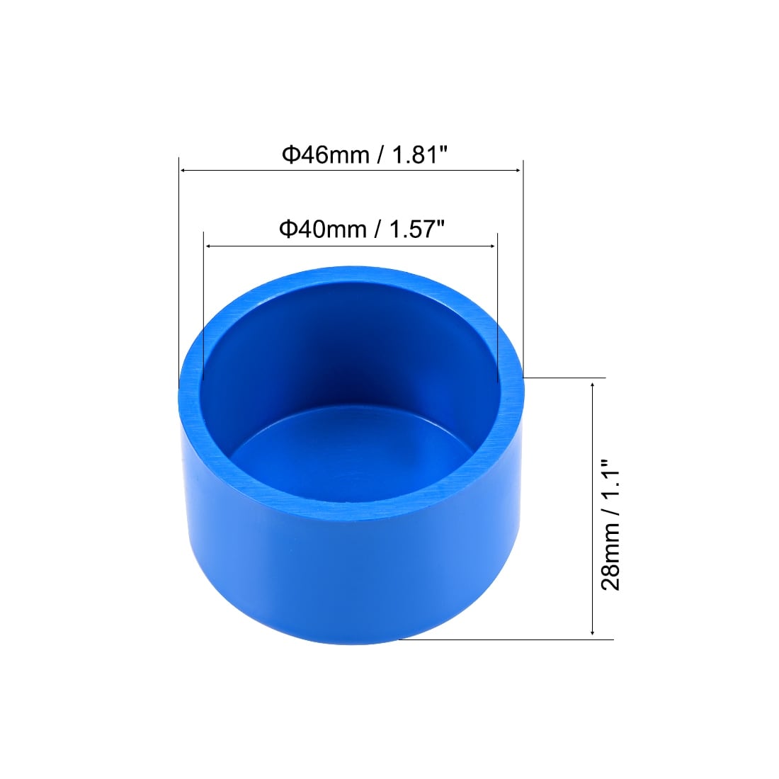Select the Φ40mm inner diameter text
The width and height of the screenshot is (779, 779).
coord(323,229)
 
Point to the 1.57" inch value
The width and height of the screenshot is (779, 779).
coord(417,229)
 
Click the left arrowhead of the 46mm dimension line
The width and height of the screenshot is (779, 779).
coord(183,171)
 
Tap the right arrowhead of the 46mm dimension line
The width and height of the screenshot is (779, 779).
coord(518,171)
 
